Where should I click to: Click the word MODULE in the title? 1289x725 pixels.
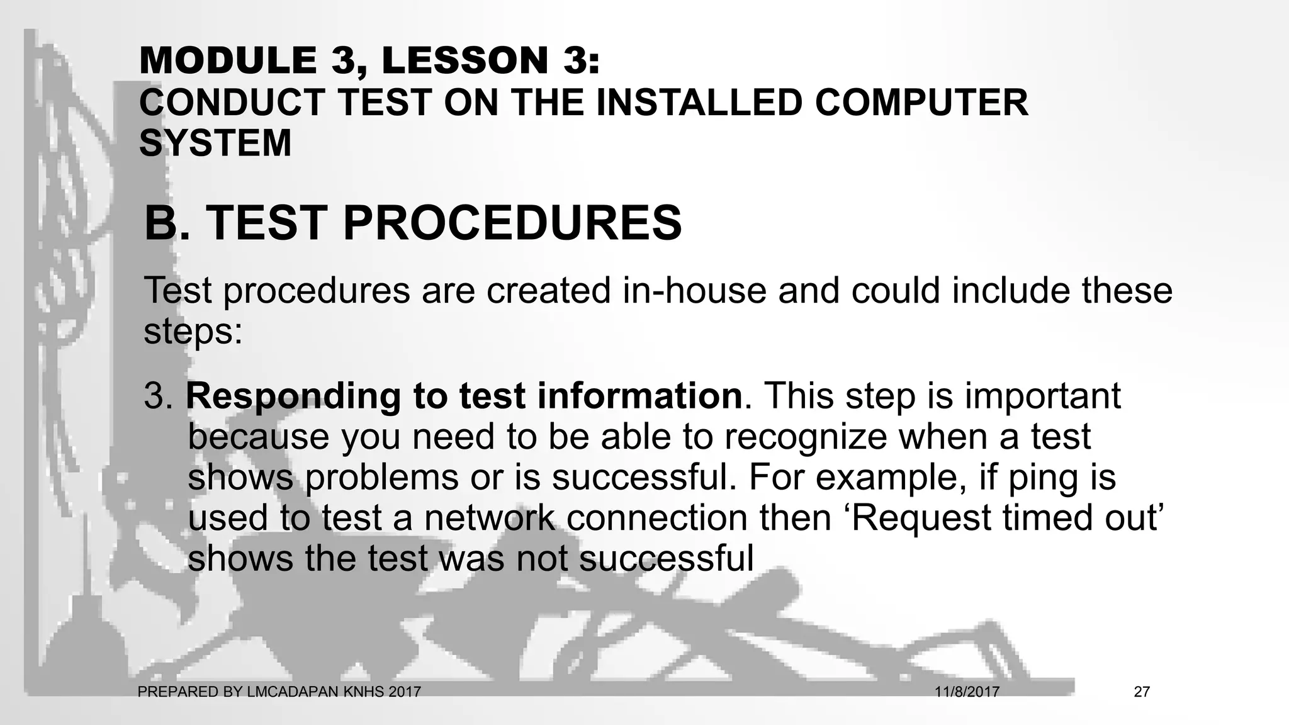pyautogui.click(x=228, y=61)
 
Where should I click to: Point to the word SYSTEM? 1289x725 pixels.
pyautogui.click(x=215, y=143)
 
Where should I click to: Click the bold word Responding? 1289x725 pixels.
pyautogui.click(x=293, y=397)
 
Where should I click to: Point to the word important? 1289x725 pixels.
pyautogui.click(x=1043, y=397)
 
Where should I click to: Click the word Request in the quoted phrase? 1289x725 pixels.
pyautogui.click(x=920, y=519)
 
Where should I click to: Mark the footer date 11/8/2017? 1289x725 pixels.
pyautogui.click(x=967, y=692)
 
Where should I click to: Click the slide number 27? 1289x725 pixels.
pyautogui.click(x=1142, y=692)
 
